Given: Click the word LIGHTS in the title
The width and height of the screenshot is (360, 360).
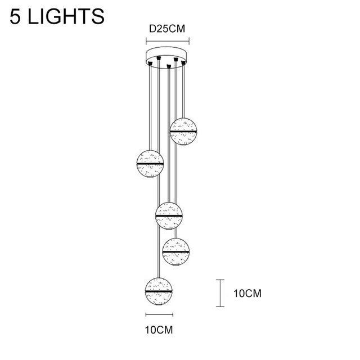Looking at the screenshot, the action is [x=66, y=16].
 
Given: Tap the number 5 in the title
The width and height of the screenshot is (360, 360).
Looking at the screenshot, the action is [x=15, y=16].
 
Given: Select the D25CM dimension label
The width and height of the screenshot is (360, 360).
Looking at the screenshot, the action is [x=167, y=29].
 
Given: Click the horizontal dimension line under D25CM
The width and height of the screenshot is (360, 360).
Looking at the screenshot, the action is [x=168, y=41].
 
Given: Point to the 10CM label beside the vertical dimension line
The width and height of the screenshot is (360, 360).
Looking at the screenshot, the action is [x=247, y=294].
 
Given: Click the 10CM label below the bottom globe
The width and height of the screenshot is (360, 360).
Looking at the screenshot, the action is [x=159, y=330].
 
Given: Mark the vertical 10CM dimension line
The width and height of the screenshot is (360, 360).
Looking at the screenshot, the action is [x=220, y=293].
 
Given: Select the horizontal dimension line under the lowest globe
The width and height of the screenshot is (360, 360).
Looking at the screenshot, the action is [x=159, y=314].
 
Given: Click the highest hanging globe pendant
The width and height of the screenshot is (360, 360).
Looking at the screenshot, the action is [x=183, y=132].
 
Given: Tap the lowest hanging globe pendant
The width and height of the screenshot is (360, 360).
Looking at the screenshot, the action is [x=159, y=292].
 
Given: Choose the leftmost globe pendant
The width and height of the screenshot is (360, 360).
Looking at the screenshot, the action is [x=150, y=164].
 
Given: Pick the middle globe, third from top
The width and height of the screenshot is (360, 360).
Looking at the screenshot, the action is [x=169, y=216].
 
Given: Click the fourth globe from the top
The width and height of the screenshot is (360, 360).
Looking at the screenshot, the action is [x=176, y=252].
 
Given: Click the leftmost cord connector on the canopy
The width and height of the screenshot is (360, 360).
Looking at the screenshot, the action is [x=150, y=64].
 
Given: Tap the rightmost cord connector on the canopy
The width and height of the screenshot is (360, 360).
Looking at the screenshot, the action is [x=183, y=62].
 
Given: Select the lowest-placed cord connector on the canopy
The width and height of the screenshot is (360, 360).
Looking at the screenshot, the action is [x=169, y=66].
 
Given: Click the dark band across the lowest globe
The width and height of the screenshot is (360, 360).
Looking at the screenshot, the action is [x=159, y=291].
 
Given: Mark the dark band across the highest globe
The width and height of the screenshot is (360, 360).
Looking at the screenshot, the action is [x=183, y=131].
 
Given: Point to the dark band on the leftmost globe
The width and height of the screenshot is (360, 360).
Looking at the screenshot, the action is [x=150, y=164].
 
